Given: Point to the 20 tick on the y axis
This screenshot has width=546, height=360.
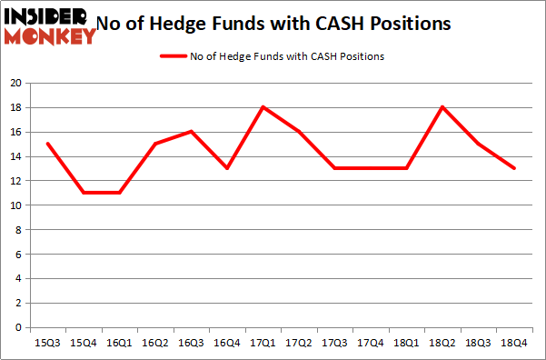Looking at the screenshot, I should pyautogui.click(x=15, y=83).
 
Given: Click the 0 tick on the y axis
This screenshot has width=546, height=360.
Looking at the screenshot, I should pyautogui.click(x=18, y=327).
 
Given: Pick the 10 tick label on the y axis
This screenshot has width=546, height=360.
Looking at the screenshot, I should pyautogui.click(x=15, y=205).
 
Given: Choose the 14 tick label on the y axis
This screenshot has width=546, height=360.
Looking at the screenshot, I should pyautogui.click(x=15, y=156).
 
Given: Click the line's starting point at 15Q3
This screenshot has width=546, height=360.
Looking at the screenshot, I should pyautogui.click(x=46, y=144).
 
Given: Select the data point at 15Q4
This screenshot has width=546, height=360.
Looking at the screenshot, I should pyautogui.click(x=83, y=193).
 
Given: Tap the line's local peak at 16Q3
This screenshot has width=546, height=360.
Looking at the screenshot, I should pyautogui.click(x=191, y=132).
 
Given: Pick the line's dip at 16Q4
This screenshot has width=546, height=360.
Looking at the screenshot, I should pyautogui.click(x=227, y=168).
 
